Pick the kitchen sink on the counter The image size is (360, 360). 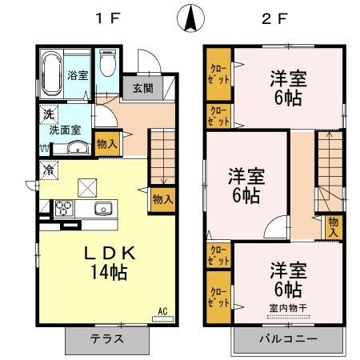click(x=102, y=210)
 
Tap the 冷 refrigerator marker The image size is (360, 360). click(x=50, y=170)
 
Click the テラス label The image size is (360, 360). click(x=107, y=338)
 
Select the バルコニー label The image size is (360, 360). click(x=286, y=338)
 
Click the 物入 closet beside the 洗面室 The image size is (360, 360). click(x=106, y=145)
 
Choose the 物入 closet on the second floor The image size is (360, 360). click(x=334, y=225)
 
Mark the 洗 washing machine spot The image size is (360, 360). click(x=48, y=114)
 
